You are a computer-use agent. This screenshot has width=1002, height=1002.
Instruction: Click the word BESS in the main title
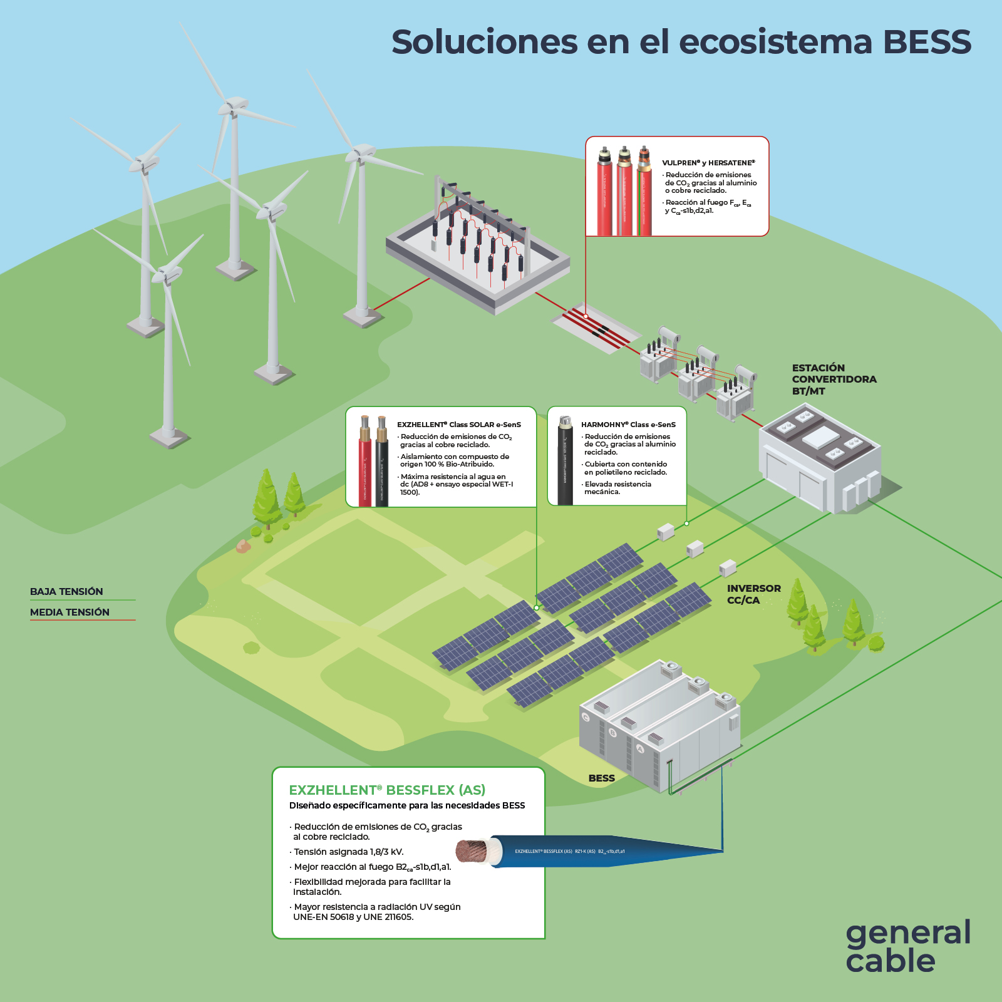point(927,42)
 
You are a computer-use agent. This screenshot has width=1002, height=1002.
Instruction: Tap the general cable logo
point(907,946)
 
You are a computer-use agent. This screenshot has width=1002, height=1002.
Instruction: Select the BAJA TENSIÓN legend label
point(66,592)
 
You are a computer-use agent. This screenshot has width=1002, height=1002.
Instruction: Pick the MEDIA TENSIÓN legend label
point(70,612)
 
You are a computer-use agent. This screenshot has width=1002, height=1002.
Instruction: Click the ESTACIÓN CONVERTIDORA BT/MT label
point(834,380)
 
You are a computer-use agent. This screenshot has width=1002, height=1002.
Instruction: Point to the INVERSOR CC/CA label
point(753,594)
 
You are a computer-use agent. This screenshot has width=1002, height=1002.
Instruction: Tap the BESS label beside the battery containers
point(601,778)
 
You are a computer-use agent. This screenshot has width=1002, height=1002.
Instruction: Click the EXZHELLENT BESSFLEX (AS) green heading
point(387,790)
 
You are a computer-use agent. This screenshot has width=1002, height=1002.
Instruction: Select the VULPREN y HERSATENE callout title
point(708,163)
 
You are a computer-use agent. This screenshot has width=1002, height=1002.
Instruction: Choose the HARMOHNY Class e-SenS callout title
point(628,425)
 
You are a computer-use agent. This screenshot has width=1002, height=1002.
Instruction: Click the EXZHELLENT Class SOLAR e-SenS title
point(458,425)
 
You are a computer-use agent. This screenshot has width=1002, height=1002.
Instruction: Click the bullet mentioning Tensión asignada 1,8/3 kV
point(348,852)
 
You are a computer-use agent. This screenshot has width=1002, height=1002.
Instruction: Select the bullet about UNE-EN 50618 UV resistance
point(376,912)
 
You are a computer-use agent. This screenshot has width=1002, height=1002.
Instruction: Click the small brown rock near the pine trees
point(243,547)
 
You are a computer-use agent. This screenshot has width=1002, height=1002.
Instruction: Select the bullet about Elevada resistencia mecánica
point(617,488)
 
